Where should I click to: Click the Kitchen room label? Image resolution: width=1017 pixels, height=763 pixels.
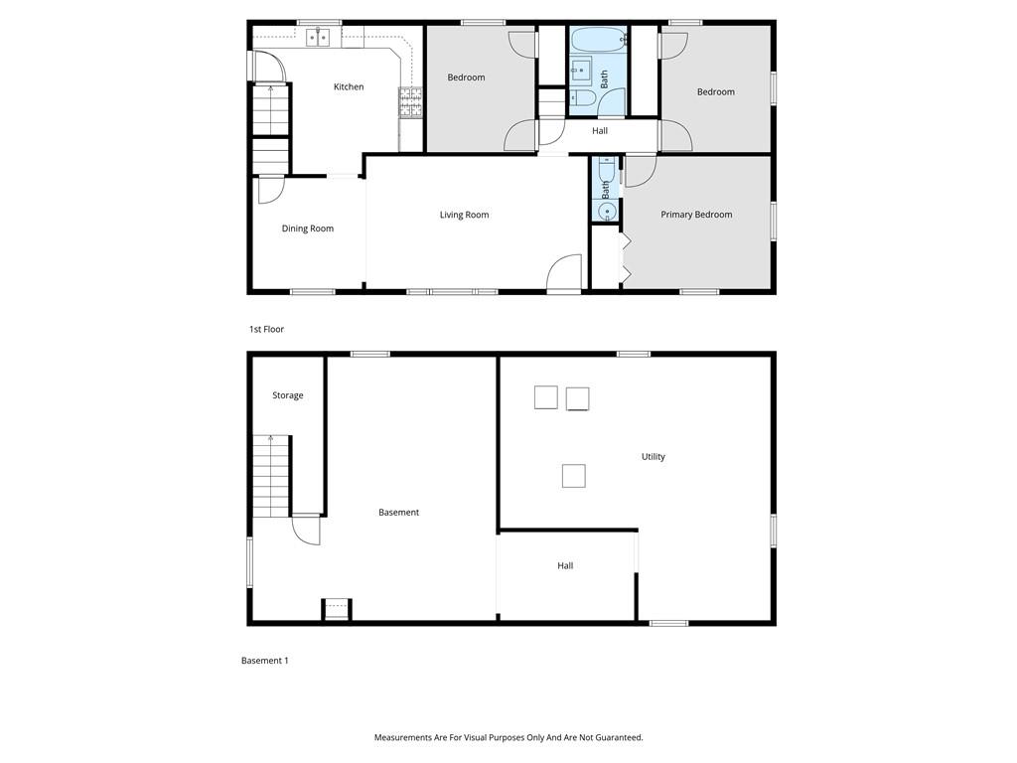[349, 87]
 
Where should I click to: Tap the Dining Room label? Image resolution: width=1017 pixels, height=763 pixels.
[308, 229]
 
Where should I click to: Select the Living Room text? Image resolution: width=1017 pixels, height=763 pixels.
[465, 215]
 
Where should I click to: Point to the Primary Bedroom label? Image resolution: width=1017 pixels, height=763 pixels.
[696, 215]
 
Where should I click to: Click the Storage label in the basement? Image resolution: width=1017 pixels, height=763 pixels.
[287, 395]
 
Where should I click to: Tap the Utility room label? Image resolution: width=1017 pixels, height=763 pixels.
[654, 457]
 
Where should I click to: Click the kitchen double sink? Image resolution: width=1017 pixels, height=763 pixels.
[318, 38]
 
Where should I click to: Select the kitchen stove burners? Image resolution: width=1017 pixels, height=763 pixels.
[410, 102]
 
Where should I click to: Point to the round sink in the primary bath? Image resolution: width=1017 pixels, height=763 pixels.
[607, 212]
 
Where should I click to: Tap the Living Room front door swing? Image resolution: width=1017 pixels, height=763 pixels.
[564, 272]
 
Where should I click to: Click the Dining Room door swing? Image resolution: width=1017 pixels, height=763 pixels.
[271, 190]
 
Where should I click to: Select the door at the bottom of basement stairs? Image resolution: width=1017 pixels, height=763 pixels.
[306, 530]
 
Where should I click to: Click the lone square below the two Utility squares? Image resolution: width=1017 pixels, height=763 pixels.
[573, 476]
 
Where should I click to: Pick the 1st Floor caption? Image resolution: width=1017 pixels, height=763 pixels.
[266, 329]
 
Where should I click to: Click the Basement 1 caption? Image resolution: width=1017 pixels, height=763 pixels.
[264, 661]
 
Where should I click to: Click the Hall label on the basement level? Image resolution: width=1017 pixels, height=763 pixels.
[565, 565]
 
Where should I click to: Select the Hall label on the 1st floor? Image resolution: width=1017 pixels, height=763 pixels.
[600, 131]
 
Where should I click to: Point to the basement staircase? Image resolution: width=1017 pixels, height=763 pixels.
[270, 476]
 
